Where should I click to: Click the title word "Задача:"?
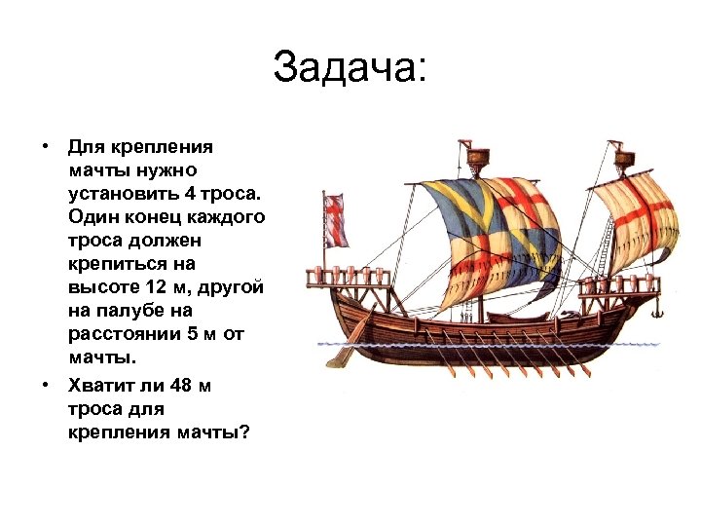tap(350, 68)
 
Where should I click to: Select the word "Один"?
tap(94, 215)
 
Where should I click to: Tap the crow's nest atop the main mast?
tap(477, 155)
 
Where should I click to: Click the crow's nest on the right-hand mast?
tap(623, 155)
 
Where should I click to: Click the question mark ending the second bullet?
tap(244, 432)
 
